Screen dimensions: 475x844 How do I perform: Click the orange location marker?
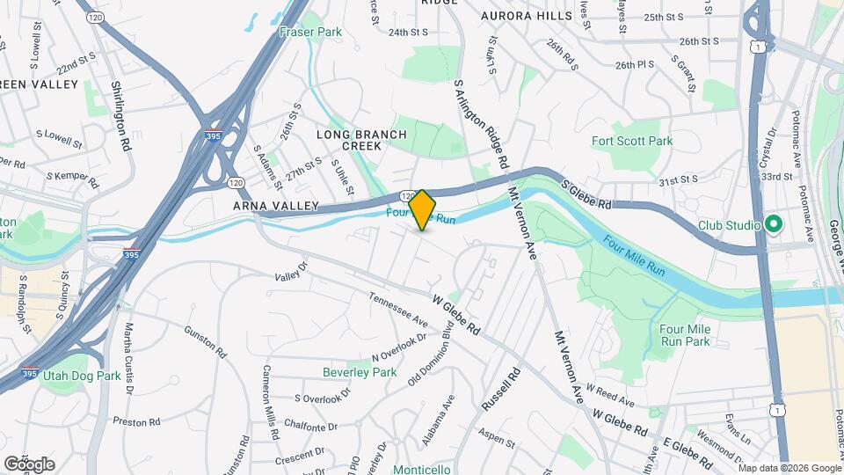point(422,209)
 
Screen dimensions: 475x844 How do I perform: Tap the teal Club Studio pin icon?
point(774,224)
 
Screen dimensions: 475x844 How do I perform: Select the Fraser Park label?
point(309,32)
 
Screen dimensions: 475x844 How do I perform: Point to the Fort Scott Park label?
point(631,141)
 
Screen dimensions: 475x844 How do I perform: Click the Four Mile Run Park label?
point(683,334)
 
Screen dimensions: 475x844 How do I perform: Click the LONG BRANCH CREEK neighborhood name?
point(361,140)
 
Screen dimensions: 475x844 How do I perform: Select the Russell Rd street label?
point(502,390)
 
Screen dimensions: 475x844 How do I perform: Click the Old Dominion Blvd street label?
point(436,355)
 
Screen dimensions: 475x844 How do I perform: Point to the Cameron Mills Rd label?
point(269,401)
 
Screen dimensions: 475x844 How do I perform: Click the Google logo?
point(29,464)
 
